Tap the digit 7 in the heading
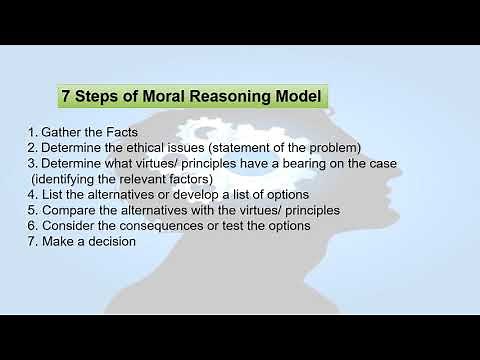click(x=67, y=98)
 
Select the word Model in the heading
click(x=296, y=98)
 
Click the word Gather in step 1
click(x=63, y=133)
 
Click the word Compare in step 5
click(x=70, y=210)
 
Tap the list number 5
click(x=32, y=210)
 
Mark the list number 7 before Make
click(x=32, y=241)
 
